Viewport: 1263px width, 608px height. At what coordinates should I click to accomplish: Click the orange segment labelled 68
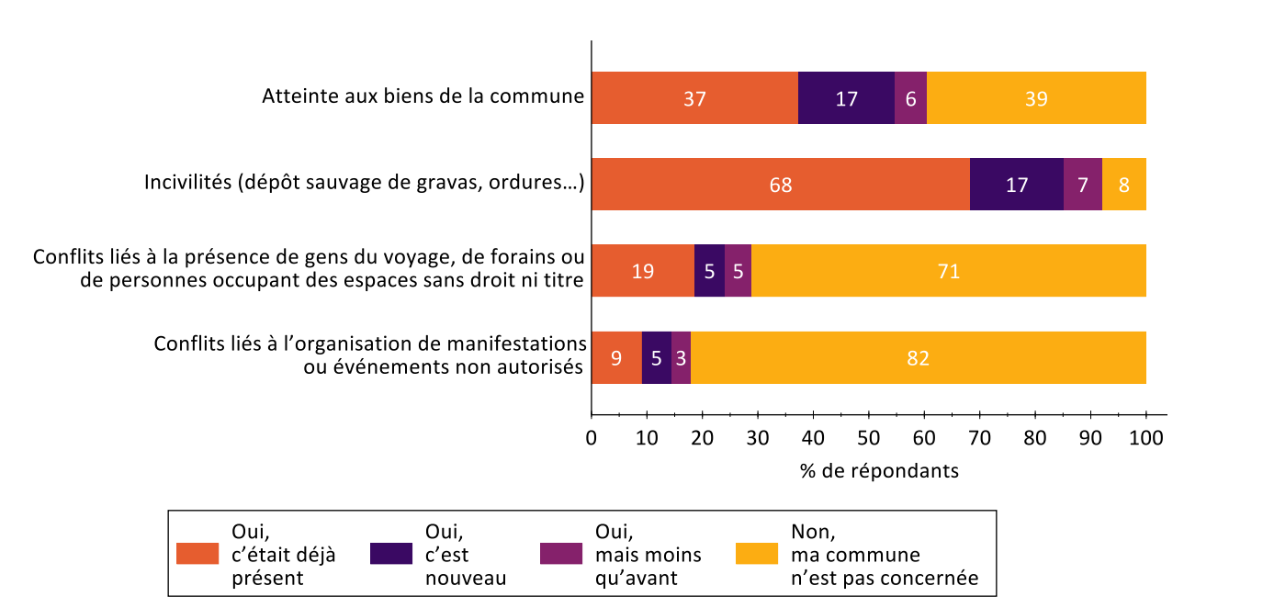[x=781, y=185]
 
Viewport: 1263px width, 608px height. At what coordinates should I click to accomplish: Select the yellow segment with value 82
[x=919, y=357]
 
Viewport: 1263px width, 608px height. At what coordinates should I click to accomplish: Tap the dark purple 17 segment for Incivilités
[x=1017, y=185]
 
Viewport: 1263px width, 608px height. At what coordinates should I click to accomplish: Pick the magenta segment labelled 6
[x=910, y=98]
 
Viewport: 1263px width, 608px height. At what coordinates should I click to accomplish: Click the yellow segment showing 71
[x=949, y=271]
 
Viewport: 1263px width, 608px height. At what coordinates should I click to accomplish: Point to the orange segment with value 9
[x=616, y=357]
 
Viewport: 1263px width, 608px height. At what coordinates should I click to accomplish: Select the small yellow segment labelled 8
[x=1124, y=185]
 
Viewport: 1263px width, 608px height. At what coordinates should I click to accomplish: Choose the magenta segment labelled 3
[x=681, y=357]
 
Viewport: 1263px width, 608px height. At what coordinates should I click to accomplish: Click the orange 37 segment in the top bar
[x=694, y=98]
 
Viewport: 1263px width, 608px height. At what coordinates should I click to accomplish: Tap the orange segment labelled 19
[x=643, y=271]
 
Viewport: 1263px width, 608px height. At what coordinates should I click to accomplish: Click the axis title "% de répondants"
[x=879, y=471]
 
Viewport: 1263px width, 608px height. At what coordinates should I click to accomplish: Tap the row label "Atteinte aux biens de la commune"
[x=423, y=96]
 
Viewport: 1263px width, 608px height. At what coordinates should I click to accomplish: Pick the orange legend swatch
[x=197, y=554]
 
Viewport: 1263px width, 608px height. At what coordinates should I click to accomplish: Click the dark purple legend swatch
[x=390, y=554]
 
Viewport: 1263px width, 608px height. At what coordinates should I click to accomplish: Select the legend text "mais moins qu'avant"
[x=648, y=567]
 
